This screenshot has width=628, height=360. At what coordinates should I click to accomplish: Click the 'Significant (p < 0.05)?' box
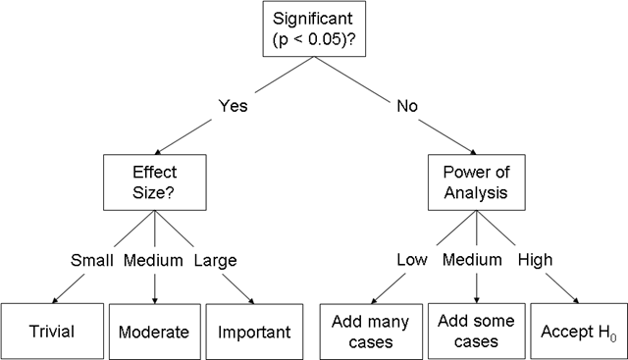tap(314, 28)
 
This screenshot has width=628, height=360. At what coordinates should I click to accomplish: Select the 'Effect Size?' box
tap(155, 182)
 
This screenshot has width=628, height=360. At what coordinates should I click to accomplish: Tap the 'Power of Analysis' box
tap(477, 182)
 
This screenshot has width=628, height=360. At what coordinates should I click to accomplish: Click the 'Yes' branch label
tap(234, 106)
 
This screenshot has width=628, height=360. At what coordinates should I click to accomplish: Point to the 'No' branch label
tap(407, 106)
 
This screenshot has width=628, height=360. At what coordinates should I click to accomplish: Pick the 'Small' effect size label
tap(91, 260)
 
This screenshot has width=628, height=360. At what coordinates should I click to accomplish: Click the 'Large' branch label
tap(216, 261)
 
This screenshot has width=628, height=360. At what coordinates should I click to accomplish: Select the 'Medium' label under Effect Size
tap(153, 260)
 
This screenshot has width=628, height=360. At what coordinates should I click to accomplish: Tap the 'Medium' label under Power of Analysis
tap(472, 260)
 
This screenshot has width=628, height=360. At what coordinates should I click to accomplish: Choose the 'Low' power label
tap(412, 260)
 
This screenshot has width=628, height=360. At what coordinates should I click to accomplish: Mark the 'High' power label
tap(535, 260)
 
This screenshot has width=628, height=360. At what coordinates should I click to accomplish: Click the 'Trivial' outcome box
tap(52, 332)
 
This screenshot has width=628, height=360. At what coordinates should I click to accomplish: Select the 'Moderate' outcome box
tap(155, 332)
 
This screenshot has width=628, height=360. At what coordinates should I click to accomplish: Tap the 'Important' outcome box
tap(254, 332)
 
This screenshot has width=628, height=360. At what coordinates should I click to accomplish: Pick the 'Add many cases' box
tap(371, 332)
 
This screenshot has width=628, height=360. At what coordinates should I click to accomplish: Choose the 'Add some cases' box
tap(477, 332)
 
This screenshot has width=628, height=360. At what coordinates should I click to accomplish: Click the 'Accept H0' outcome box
tap(579, 332)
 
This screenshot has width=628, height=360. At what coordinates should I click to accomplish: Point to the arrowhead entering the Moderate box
tap(155, 301)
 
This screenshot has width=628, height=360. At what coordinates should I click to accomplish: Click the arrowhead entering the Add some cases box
tap(477, 300)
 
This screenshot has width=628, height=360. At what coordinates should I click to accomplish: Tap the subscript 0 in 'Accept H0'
tap(613, 338)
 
